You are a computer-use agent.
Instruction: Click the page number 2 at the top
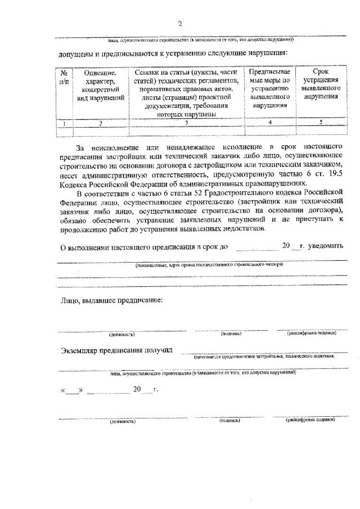180,24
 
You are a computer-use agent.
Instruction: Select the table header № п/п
65,78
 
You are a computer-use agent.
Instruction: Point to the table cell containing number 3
186,123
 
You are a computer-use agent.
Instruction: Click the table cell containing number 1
65,123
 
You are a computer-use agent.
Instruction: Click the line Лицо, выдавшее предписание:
111,300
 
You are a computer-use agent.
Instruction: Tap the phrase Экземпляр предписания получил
119,352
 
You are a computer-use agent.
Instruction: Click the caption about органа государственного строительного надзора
208,264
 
